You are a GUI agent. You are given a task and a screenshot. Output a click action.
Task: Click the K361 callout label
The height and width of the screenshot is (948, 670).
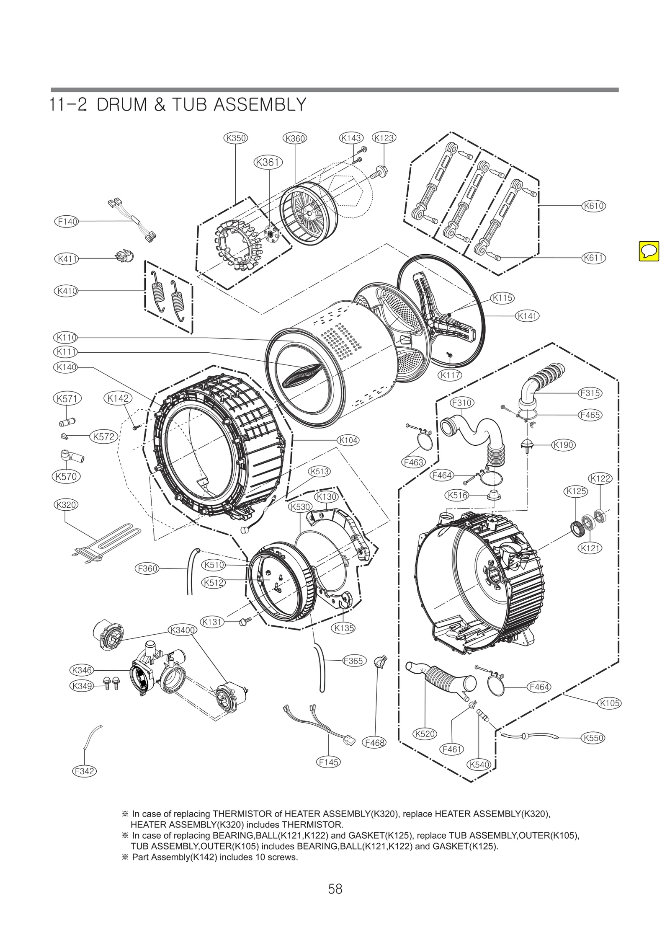tap(268, 162)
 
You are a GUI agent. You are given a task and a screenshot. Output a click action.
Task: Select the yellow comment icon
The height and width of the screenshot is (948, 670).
tap(649, 251)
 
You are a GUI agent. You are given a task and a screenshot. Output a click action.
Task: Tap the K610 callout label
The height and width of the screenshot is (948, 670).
tap(593, 206)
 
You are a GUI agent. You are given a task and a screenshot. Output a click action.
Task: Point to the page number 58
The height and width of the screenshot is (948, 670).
tap(335, 889)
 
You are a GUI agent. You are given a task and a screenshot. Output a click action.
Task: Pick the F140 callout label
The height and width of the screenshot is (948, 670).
tap(67, 221)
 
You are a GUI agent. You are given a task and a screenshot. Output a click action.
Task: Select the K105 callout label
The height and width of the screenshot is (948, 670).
tap(609, 703)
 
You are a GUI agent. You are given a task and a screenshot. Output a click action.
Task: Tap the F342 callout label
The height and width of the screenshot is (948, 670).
tap(84, 771)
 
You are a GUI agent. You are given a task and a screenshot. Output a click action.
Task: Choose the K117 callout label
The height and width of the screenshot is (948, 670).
tap(450, 375)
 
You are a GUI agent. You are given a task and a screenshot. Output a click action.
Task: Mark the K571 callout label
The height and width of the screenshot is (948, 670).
tap(67, 398)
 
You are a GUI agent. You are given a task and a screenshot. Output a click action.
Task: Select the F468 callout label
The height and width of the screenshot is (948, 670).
tap(374, 742)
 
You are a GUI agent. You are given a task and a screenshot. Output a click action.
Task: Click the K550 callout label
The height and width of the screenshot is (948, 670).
tap(593, 738)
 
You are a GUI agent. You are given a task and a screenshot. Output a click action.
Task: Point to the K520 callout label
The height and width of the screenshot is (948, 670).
tap(425, 734)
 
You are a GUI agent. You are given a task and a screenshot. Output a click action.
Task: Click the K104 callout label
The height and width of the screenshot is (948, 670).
tap(348, 440)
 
